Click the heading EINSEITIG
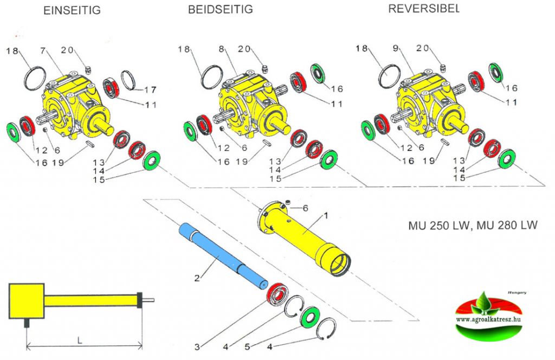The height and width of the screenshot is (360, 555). point(72,11)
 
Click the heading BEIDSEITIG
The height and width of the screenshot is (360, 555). point(220,9)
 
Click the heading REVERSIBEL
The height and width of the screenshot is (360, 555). point(423,9)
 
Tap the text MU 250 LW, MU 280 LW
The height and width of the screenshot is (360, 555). point(473,225)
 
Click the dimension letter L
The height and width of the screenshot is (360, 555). point(80,340)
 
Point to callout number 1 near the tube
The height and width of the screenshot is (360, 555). point(325,215)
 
